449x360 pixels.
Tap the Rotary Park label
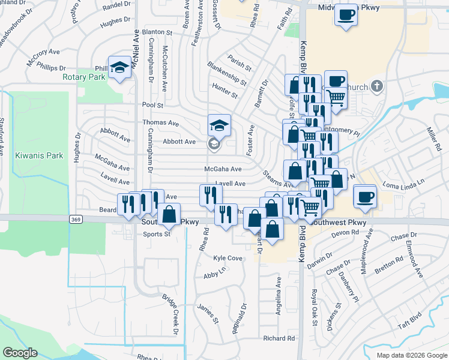(83, 77)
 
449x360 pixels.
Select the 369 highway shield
(76, 220)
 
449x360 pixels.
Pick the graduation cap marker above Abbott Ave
(219, 125)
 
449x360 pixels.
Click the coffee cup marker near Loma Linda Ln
(364, 197)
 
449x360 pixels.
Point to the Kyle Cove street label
(228, 258)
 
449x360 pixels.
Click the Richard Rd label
(279, 338)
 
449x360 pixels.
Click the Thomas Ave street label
(160, 122)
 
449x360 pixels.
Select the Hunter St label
(225, 91)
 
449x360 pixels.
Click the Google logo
(20, 353)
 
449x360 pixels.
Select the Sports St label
(157, 235)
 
